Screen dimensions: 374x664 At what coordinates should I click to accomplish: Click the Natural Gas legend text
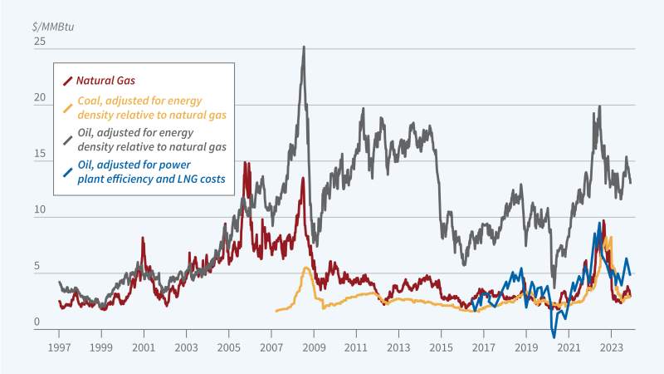click(x=105, y=81)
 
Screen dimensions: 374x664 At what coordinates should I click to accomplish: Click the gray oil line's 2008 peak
click(x=304, y=47)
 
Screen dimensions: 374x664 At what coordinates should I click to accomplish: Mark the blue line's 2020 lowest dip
click(x=554, y=337)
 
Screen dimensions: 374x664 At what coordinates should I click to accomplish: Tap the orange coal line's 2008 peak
click(x=305, y=268)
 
